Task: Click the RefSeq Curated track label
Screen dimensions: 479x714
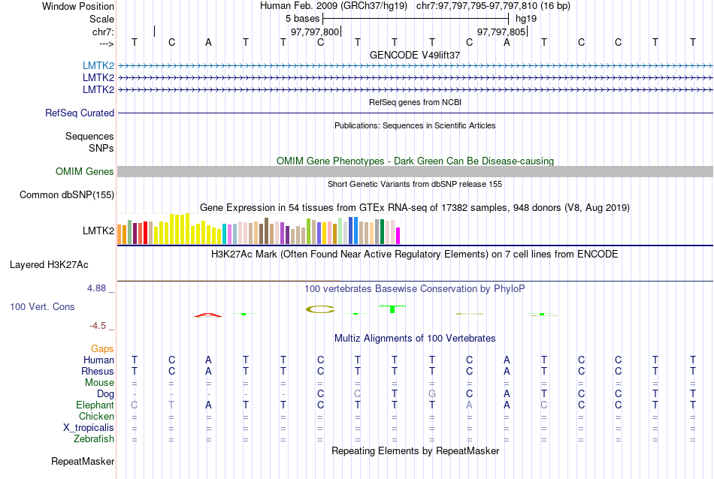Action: pyautogui.click(x=80, y=113)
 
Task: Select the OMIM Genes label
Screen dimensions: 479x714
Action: pyautogui.click(x=85, y=171)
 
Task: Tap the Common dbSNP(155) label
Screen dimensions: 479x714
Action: pyautogui.click(x=67, y=194)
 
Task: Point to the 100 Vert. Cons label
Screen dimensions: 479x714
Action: pyautogui.click(x=42, y=306)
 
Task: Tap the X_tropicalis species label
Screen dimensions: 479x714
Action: pyautogui.click(x=89, y=427)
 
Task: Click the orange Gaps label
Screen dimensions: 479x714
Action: pyautogui.click(x=102, y=348)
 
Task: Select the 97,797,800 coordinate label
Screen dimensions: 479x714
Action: pyautogui.click(x=315, y=32)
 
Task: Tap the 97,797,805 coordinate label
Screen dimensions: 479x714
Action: pyautogui.click(x=501, y=32)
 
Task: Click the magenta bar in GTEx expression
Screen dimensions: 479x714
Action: pyautogui.click(x=398, y=235)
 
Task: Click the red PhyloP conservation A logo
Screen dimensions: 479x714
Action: pyautogui.click(x=208, y=315)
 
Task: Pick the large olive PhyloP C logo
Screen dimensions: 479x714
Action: pyautogui.click(x=320, y=309)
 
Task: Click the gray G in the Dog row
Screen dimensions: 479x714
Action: pyautogui.click(x=432, y=393)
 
